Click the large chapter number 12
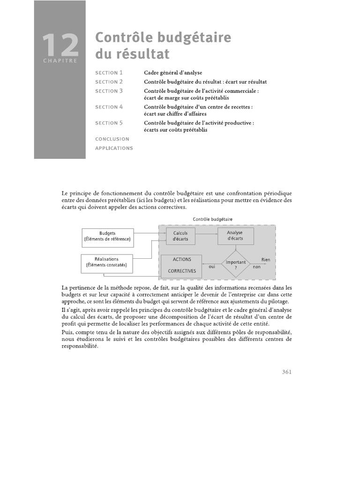pos(60,45)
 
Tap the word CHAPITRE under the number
pos(60,60)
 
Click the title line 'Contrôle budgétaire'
pos(163,38)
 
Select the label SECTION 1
pos(109,73)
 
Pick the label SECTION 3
pos(109,91)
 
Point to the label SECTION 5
pos(109,123)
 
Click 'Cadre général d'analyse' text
pos(173,73)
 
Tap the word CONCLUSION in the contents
pos(112,139)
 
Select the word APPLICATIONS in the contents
pos(114,148)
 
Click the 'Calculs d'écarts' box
pos(180,236)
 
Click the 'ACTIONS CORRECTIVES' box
pos(181,265)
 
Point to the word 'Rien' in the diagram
pos(265,259)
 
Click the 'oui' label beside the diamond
pos(211,266)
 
